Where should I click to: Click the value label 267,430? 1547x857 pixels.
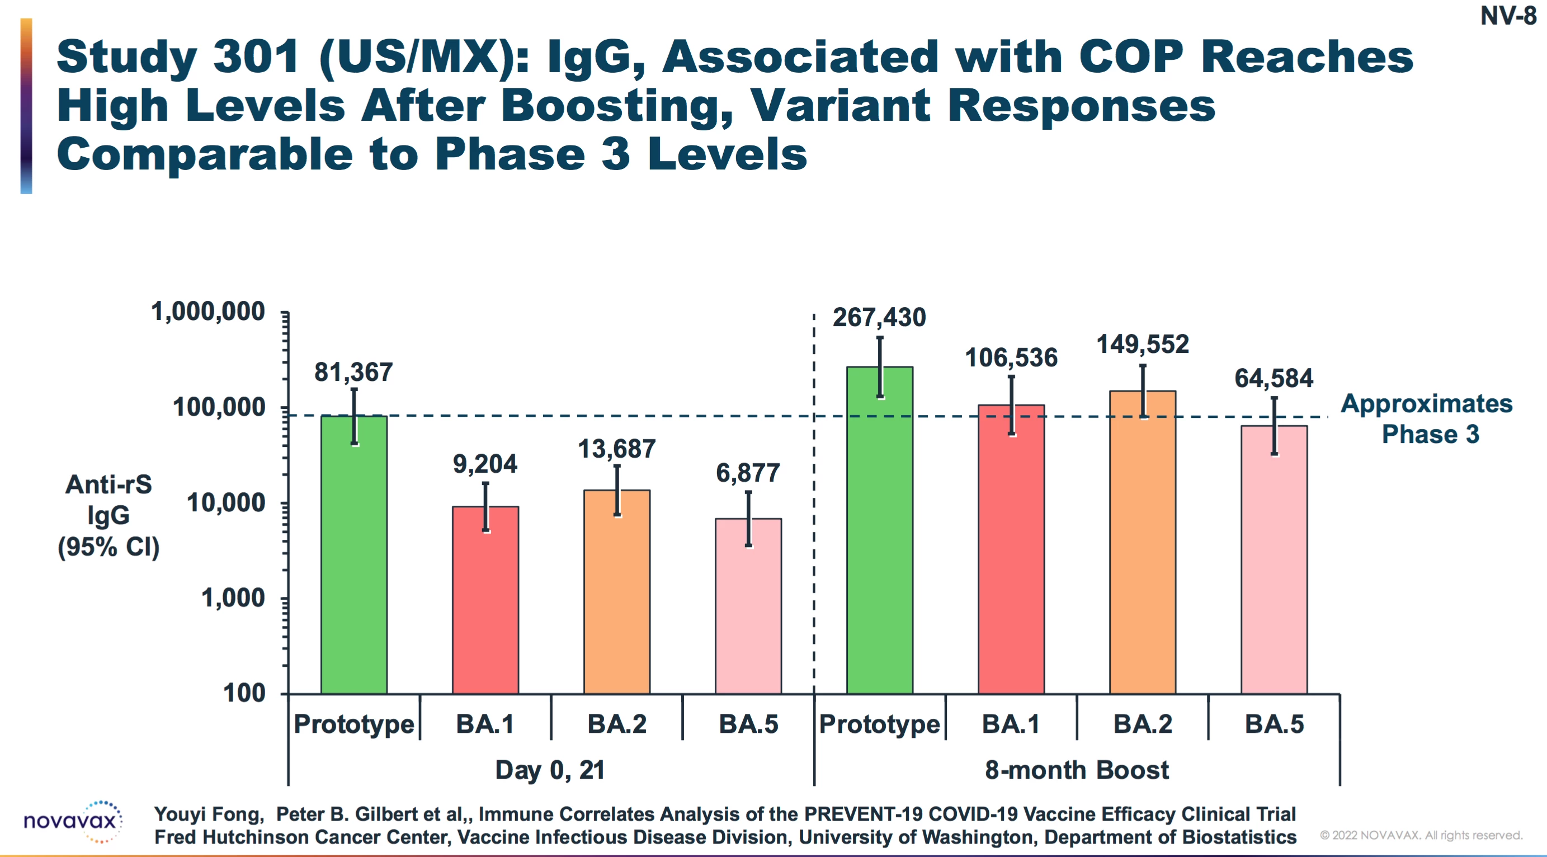pos(879,317)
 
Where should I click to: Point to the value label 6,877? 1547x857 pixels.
pos(748,473)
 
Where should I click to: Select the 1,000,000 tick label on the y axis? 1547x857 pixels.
pos(208,312)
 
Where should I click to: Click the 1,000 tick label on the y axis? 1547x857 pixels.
pos(233,598)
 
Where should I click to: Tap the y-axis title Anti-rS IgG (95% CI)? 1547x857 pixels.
pos(109,515)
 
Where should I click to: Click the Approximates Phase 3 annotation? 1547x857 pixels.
pos(1427,418)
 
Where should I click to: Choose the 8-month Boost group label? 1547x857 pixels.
pos(1076,770)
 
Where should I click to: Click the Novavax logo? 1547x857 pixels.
pos(73,821)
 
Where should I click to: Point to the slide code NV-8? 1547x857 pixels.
pos(1507,16)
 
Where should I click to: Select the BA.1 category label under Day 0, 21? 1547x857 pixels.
pos(485,724)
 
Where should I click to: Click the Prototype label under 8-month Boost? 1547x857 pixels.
pos(879,724)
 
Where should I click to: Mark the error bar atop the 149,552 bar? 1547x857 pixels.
pos(1143,390)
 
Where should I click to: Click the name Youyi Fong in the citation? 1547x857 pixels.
pos(209,814)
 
